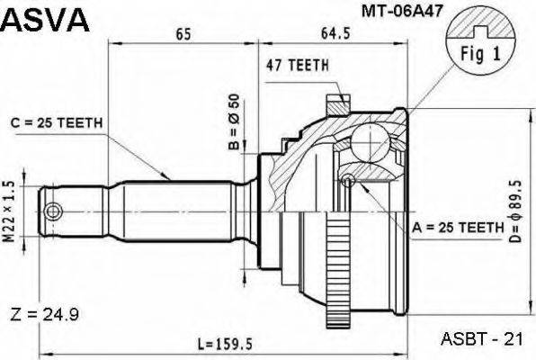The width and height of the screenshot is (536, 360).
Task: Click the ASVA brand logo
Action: pos(46,18)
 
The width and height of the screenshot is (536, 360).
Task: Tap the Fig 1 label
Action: pos(480,51)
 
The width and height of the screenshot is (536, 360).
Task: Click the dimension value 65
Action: pos(183,34)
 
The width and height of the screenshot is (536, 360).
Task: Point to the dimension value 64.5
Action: pos(339,34)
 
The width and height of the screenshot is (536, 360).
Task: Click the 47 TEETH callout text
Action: pos(297,65)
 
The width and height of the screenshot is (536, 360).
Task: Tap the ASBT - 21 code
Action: pos(482,339)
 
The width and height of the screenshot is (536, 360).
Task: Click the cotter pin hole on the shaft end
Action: pos(54,211)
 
